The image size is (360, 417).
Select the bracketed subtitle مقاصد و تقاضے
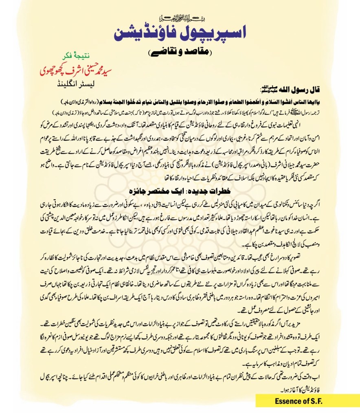click(x=180, y=53)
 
